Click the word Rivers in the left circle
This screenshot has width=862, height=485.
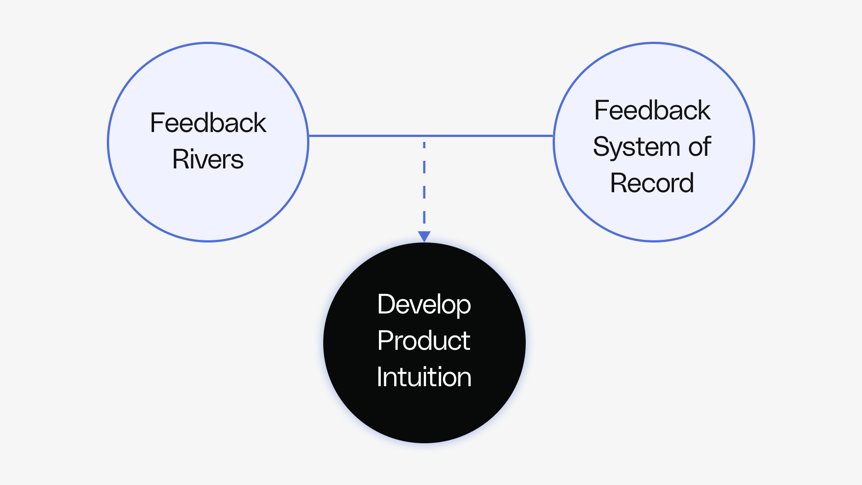(208, 159)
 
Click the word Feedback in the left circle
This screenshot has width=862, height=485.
(208, 123)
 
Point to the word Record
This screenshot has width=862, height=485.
(652, 183)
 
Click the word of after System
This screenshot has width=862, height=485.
(699, 147)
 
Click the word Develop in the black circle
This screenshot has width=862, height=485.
(424, 305)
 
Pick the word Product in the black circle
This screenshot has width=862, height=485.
(424, 341)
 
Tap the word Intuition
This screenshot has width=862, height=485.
(424, 377)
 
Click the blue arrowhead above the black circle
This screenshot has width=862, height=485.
(424, 236)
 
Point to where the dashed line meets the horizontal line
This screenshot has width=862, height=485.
(424, 137)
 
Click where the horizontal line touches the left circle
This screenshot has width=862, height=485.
(309, 136)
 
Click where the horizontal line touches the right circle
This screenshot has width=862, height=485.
(553, 136)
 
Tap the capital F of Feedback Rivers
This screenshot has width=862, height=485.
(156, 123)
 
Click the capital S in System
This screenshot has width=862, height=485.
(602, 147)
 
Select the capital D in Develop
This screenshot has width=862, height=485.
(386, 304)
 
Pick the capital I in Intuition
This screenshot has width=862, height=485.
(379, 377)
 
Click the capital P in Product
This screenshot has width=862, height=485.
(385, 341)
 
